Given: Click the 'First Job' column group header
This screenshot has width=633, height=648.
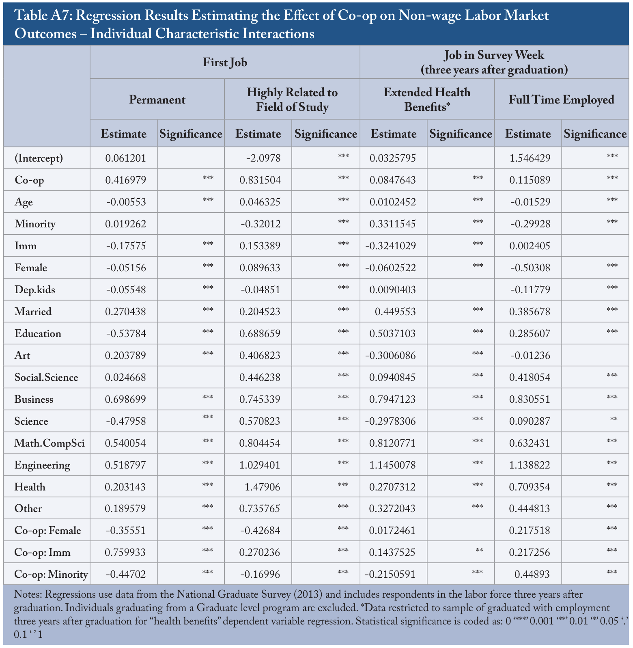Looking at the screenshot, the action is point(225,62).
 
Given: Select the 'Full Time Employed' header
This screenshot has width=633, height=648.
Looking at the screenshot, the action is point(562,99).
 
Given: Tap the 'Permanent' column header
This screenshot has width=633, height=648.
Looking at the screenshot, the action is point(157,99).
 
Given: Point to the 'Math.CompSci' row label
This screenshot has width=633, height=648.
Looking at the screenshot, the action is point(50,443).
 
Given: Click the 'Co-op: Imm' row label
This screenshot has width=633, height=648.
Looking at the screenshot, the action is point(43,553).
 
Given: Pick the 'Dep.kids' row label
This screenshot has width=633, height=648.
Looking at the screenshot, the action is point(35,290).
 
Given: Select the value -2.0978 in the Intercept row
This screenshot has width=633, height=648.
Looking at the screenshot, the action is point(263,158).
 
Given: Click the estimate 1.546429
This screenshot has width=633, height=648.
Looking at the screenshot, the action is point(530,158).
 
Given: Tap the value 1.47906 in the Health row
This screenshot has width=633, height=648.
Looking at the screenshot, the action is point(262,487).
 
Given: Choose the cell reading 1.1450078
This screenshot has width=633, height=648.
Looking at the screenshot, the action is point(393,465).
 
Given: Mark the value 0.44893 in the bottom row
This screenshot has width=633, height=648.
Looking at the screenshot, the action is point(532,575).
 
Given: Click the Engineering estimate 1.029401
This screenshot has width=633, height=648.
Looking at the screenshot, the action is point(260,465).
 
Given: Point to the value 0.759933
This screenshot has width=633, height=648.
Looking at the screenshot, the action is point(125,553).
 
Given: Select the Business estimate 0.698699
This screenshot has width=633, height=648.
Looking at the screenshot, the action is point(125,399).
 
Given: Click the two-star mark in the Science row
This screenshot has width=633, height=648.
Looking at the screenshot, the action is point(614,419).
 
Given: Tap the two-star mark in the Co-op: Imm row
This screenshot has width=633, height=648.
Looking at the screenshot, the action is point(479,550).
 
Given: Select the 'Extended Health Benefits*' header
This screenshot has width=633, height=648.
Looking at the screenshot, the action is point(427,99).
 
